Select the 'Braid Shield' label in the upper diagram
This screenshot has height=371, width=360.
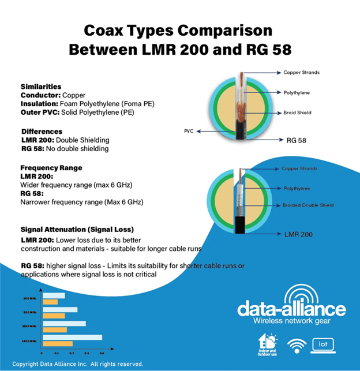(297, 113)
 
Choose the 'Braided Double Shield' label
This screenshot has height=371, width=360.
(307, 205)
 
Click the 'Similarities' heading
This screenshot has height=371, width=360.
(40, 86)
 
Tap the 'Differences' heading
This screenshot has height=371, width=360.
(42, 131)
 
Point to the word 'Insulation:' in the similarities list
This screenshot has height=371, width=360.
(38, 103)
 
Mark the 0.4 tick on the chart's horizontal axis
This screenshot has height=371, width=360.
(102, 352)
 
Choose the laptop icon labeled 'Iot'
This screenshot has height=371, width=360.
(323, 345)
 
